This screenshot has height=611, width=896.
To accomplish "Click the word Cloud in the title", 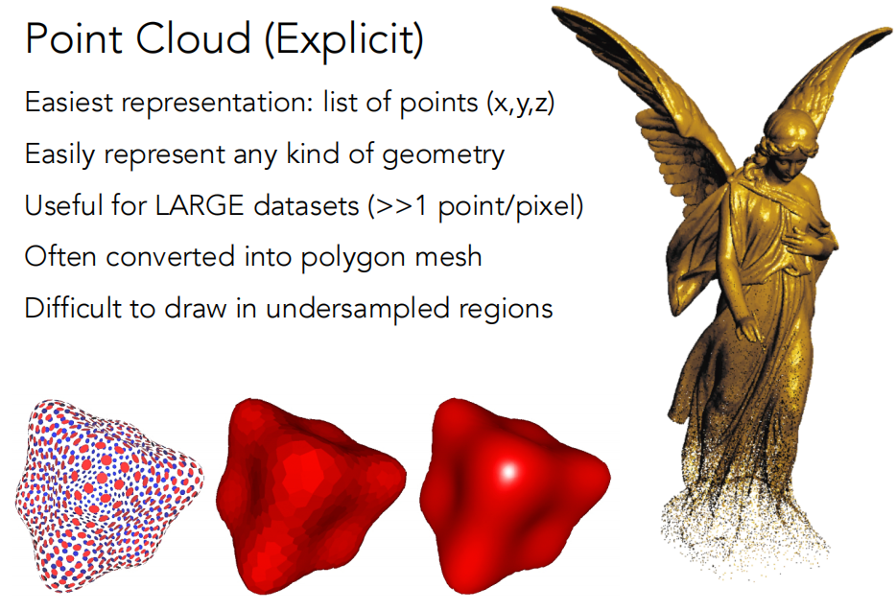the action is click(x=193, y=39).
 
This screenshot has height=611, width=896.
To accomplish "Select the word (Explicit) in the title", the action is click(x=344, y=41).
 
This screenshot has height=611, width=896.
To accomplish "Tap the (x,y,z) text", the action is click(x=520, y=104).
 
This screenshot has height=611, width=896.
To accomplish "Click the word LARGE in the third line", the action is click(x=200, y=205).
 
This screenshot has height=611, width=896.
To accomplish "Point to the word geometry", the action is click(x=443, y=155).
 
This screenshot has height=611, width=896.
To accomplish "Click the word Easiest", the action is click(x=68, y=103).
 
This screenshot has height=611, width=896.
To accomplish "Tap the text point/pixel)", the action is click(x=510, y=206).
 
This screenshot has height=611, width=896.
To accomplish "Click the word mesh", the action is click(x=449, y=257).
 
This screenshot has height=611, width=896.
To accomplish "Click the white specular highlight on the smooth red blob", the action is click(x=508, y=472).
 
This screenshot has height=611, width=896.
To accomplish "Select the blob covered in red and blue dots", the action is click(x=108, y=495).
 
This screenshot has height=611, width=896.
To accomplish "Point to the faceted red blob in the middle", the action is click(x=312, y=495).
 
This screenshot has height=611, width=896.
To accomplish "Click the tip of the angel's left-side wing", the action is click(x=554, y=10).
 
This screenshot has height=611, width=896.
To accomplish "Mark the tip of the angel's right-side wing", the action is click(x=888, y=31).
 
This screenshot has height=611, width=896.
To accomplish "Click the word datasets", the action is click(x=306, y=205).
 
